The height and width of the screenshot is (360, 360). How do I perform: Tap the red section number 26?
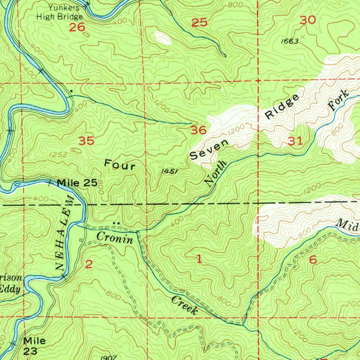point(77,27)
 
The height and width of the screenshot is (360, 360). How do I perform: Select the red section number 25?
point(199,23)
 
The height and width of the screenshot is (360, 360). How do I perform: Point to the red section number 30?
point(308,20)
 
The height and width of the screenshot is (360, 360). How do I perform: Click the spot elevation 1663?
point(290,41)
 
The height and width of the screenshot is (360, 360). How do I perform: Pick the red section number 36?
point(199,130)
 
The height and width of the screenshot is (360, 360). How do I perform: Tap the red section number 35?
point(86,141)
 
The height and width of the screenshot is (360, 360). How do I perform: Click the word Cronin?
point(115,238)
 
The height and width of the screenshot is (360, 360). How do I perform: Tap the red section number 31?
point(295,141)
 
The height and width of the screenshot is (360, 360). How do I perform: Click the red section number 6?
point(313,260)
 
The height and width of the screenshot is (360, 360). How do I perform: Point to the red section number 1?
point(199,260)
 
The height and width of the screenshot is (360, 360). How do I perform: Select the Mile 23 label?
point(34,346)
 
